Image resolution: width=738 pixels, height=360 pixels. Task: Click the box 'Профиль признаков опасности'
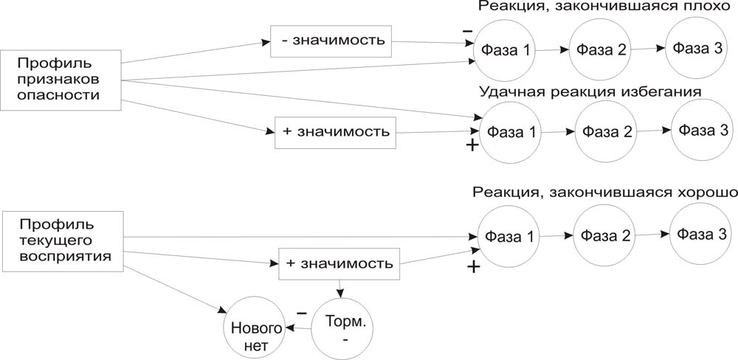point(61,81)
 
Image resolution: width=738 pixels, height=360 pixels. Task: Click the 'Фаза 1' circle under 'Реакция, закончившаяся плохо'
point(505,51)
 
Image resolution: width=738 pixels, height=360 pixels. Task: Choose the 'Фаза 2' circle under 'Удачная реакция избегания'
point(604,132)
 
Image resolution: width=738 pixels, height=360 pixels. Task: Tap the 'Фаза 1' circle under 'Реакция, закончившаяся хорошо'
point(509,238)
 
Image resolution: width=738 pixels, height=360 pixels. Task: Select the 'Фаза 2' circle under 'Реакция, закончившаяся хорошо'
point(604,236)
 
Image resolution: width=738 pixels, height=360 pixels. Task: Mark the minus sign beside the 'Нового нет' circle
point(301,314)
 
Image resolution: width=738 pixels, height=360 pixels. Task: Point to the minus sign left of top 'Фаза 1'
point(467,31)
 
